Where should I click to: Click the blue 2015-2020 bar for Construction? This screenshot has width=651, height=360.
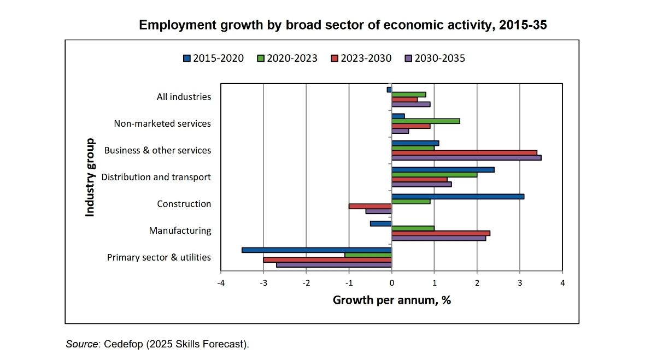tap(458, 196)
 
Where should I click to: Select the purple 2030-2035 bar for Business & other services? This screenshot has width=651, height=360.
tap(466, 158)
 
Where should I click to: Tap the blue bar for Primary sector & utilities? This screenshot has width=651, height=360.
tap(316, 250)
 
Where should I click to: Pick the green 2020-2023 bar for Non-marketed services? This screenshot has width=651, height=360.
tap(425, 121)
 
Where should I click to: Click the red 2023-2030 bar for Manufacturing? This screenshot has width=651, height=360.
tap(441, 233)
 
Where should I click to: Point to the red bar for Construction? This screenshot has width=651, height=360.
tap(370, 206)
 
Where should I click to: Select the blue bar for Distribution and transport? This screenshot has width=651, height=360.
tap(443, 169)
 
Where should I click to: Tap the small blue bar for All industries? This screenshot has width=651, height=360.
tap(389, 90)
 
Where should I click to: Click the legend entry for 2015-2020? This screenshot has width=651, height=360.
tap(214, 58)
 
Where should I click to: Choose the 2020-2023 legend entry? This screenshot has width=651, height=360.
tap(287, 58)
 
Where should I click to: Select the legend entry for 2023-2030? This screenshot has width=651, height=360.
tap(361, 58)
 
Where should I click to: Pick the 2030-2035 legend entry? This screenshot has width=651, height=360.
tap(435, 58)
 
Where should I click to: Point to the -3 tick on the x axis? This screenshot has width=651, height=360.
tap(263, 283)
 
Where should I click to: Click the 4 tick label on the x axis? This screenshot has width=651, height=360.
tap(562, 283)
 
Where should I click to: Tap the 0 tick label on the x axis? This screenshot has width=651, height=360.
tap(391, 283)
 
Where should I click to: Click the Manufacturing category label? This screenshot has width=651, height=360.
tap(180, 231)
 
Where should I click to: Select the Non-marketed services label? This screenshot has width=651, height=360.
tap(162, 123)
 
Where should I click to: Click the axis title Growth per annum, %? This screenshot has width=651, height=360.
tap(391, 300)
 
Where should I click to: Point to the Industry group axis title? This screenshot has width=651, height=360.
tap(90, 177)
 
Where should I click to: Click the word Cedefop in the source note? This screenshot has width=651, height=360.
tap(124, 344)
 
